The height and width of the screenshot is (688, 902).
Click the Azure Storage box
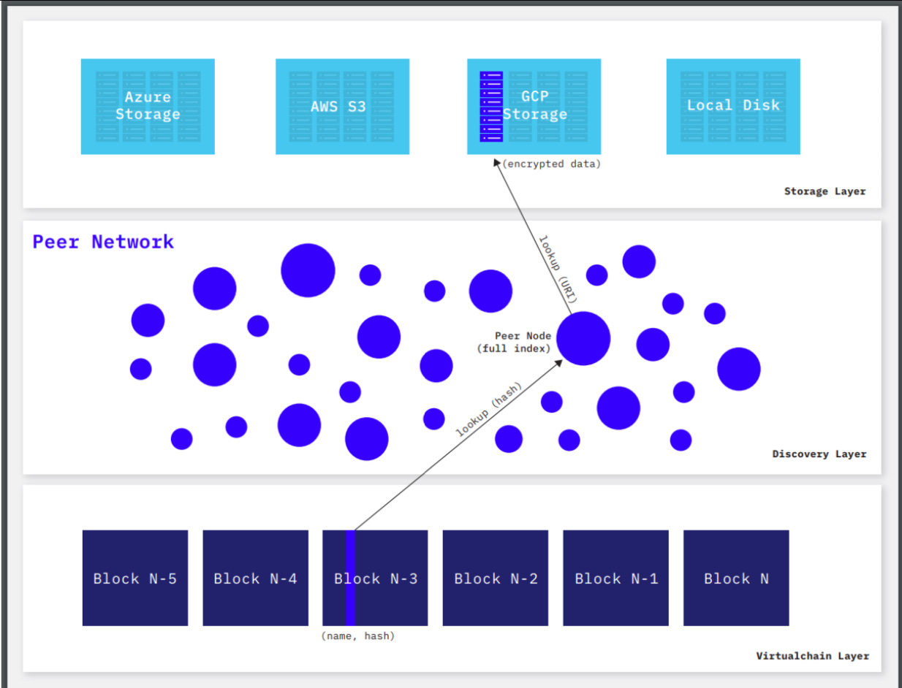click(148, 106)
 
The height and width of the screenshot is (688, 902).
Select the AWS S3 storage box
click(342, 106)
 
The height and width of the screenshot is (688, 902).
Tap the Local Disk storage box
click(733, 106)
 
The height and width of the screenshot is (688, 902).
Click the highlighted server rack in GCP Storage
click(491, 107)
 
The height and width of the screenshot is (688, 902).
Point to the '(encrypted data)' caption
click(551, 164)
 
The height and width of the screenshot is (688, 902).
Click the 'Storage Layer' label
click(825, 191)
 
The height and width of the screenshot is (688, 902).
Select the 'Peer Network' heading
click(103, 242)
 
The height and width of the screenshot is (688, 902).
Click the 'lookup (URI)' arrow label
click(558, 270)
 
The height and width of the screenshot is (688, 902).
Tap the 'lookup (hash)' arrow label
click(488, 410)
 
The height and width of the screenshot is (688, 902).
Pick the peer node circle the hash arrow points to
click(583, 338)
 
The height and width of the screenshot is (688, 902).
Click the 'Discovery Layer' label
click(819, 454)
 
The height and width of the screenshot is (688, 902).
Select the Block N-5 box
click(135, 578)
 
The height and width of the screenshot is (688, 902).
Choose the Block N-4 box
click(255, 578)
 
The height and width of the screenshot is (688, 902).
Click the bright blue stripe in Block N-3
click(350, 578)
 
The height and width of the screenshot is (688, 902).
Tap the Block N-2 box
click(496, 578)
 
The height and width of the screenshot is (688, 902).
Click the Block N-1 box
click(615, 578)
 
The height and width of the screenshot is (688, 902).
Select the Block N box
click(736, 578)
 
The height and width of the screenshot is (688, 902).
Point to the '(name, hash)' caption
click(358, 636)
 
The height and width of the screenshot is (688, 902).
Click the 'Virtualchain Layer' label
click(812, 656)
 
